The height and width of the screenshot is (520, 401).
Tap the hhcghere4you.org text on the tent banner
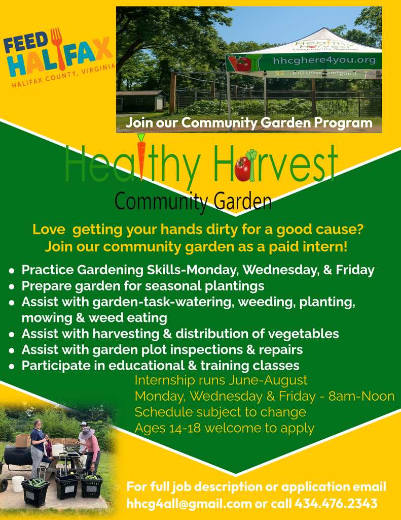coord(324,61)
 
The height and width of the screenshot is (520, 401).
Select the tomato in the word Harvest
coord(242,169)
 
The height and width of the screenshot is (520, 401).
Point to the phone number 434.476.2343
coord(336,504)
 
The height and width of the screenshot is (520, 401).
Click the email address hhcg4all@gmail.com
coord(189,504)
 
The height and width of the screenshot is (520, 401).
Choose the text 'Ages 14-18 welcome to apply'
coord(224,428)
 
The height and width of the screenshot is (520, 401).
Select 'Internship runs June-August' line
coord(221,380)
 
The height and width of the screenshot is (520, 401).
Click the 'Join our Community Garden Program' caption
coord(249,123)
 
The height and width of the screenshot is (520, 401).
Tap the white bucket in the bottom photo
coord(18,483)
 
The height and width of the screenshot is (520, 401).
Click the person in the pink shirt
coord(92,447)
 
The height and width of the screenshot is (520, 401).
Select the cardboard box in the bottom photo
coord(22,440)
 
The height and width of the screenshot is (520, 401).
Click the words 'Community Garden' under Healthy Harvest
coord(193,202)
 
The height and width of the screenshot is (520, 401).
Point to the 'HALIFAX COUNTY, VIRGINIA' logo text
coord(63,75)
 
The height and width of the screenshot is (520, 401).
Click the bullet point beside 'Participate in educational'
coord(12,366)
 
